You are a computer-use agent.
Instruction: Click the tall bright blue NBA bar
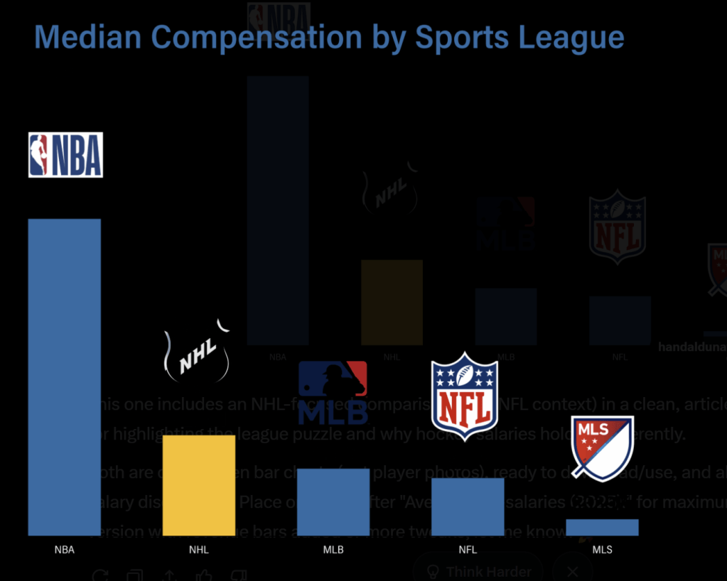(x=64, y=376)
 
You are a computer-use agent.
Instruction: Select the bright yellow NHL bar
(x=199, y=485)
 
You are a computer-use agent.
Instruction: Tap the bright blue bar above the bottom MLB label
(x=333, y=501)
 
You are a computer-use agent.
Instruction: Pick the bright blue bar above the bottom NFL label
(x=468, y=506)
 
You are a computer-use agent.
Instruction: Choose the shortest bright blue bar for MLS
(x=602, y=527)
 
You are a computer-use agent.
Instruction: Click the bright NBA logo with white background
(x=65, y=155)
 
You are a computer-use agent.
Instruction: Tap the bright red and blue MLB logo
(x=333, y=391)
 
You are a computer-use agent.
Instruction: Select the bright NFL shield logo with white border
(x=465, y=395)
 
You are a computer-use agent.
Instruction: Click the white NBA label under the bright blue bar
(x=64, y=550)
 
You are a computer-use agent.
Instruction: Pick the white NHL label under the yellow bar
(x=199, y=550)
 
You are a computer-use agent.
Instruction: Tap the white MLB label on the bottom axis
(x=333, y=550)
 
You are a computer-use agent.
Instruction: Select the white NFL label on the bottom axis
(x=468, y=550)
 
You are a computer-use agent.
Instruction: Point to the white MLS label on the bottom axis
(x=602, y=550)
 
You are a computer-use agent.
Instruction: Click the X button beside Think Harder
(x=573, y=571)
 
